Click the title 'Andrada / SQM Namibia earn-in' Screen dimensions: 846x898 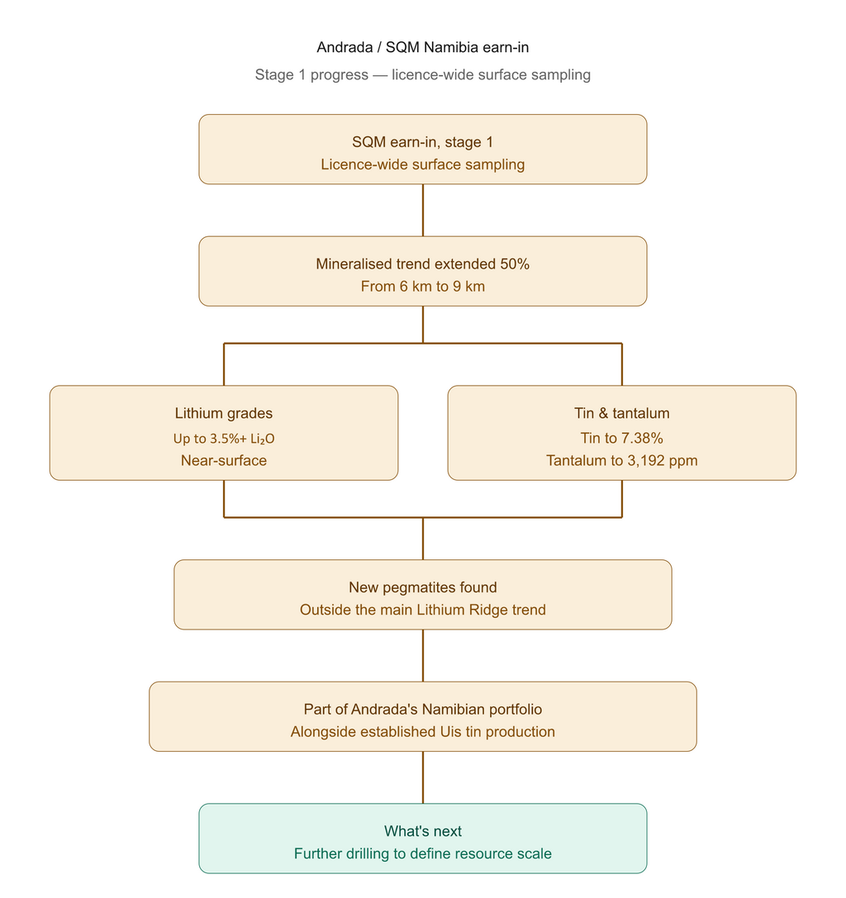[423, 47]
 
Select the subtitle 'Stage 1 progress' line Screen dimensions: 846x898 [423, 74]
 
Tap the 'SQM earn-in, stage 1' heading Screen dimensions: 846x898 [423, 142]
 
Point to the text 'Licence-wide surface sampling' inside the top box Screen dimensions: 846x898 [423, 164]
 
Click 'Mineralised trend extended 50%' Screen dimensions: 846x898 [423, 264]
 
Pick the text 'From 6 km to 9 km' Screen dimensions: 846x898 [423, 287]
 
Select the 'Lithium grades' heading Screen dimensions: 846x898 [224, 414]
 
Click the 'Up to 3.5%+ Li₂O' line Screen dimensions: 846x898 [224, 439]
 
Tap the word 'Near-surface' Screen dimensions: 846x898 [224, 460]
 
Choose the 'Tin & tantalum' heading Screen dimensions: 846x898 [622, 414]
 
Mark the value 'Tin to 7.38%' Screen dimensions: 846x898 [622, 438]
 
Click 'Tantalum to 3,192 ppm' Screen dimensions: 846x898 [622, 460]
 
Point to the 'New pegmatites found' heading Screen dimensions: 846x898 [423, 587]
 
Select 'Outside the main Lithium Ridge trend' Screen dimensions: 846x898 [423, 610]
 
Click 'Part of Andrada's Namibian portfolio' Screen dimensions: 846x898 [423, 710]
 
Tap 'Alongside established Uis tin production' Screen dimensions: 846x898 [423, 732]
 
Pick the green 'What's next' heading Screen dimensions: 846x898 [423, 832]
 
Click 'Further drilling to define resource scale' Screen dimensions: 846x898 [423, 854]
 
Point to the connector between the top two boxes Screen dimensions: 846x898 [423, 210]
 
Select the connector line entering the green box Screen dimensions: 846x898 [423, 777]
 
